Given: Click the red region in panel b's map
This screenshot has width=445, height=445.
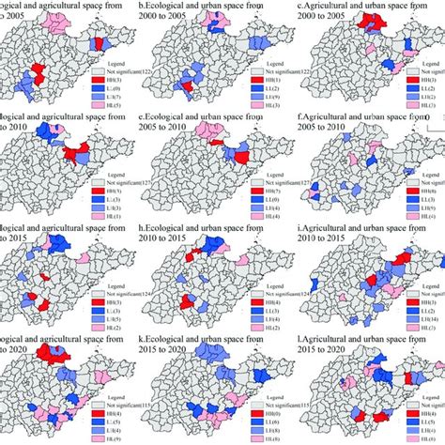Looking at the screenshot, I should coord(190,87).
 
